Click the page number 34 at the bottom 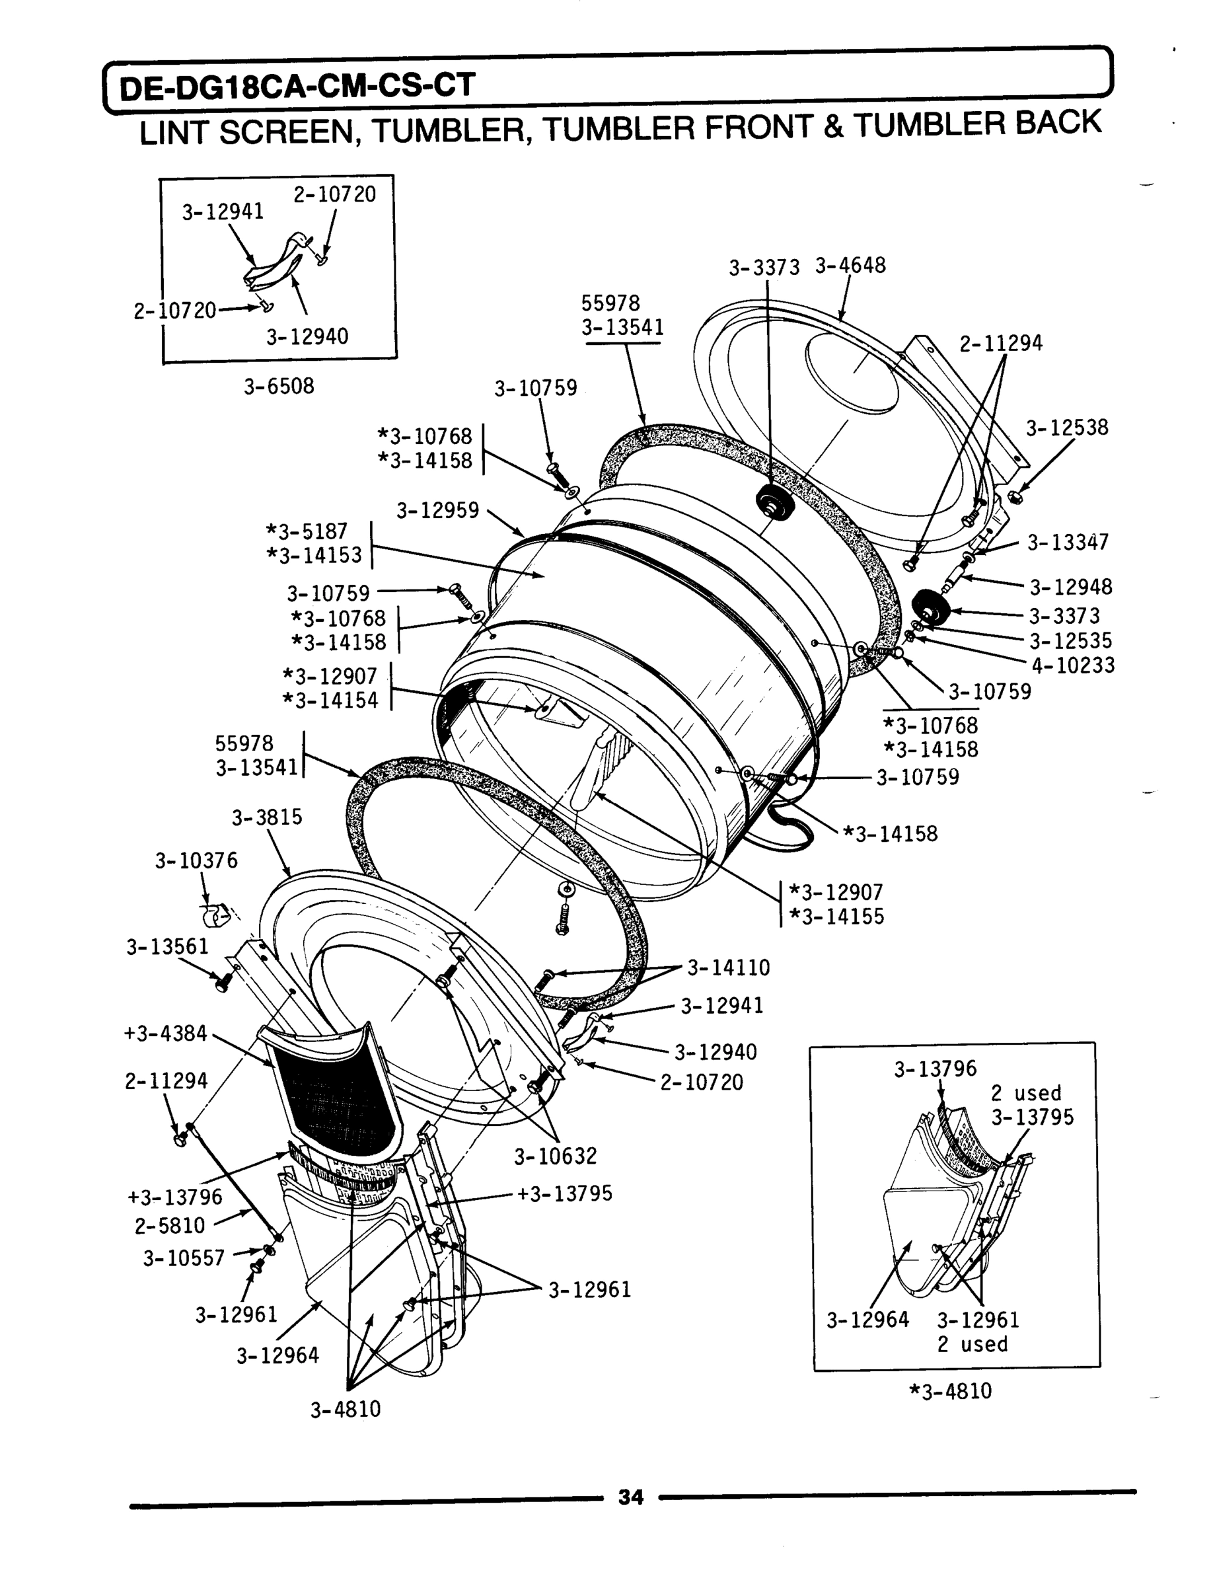[630, 1497]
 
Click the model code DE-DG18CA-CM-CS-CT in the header [297, 87]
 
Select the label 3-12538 [1067, 428]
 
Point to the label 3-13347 [1068, 542]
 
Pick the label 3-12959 [437, 510]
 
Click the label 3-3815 [267, 817]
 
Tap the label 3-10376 [196, 861]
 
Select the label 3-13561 [168, 946]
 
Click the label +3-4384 [165, 1033]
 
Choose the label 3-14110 [728, 967]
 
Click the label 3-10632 [555, 1156]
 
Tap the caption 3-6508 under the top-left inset [279, 387]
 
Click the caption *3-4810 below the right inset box [951, 1390]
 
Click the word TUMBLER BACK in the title [977, 124]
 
